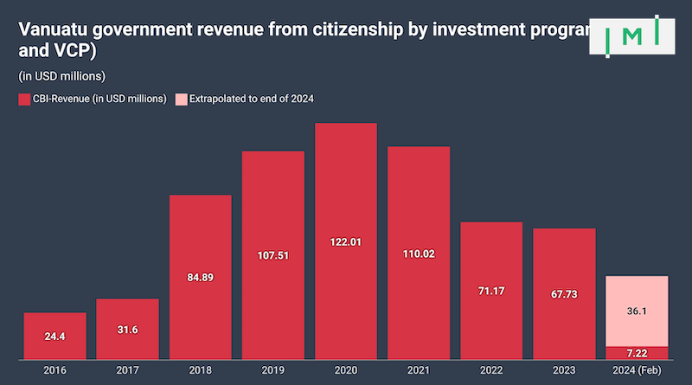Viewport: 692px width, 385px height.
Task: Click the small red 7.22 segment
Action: pos(637,352)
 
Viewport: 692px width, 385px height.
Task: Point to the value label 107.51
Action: pos(273,256)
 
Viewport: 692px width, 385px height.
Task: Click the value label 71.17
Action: pos(491,291)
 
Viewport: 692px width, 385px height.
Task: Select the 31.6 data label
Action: pos(127,328)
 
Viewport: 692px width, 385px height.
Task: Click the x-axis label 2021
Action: pos(419,371)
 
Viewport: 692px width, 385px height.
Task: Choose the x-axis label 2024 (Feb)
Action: pos(637,371)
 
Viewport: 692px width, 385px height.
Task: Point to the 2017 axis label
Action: pos(127,371)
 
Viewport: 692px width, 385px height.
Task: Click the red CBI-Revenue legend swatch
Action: pos(23,99)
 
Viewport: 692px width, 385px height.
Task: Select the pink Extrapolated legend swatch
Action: pos(181,99)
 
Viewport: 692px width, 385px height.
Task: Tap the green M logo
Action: pos(634,35)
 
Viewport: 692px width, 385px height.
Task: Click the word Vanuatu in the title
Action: pos(51,29)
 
